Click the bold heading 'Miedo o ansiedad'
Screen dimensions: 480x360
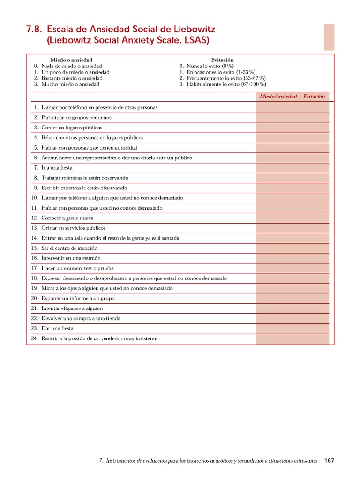pyautogui.click(x=71, y=60)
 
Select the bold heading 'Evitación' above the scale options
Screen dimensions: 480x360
pyautogui.click(x=222, y=60)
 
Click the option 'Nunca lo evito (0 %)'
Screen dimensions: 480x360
pyautogui.click(x=210, y=66)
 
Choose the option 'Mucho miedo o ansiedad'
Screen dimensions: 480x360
pyautogui.click(x=70, y=84)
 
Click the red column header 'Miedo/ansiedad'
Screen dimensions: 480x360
pyautogui.click(x=278, y=97)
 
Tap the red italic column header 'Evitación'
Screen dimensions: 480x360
pyautogui.click(x=314, y=97)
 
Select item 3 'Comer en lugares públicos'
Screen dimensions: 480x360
pyautogui.click(x=71, y=127)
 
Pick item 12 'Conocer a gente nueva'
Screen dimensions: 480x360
pyautogui.click(x=67, y=218)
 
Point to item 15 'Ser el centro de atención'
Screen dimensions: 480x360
pyautogui.click(x=69, y=248)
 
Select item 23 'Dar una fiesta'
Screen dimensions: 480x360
pyautogui.click(x=57, y=329)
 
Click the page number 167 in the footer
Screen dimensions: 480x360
pyautogui.click(x=329, y=461)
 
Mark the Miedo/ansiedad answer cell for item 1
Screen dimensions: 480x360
pyautogui.click(x=278, y=107)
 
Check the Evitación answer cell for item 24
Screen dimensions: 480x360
pyautogui.click(x=314, y=338)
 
